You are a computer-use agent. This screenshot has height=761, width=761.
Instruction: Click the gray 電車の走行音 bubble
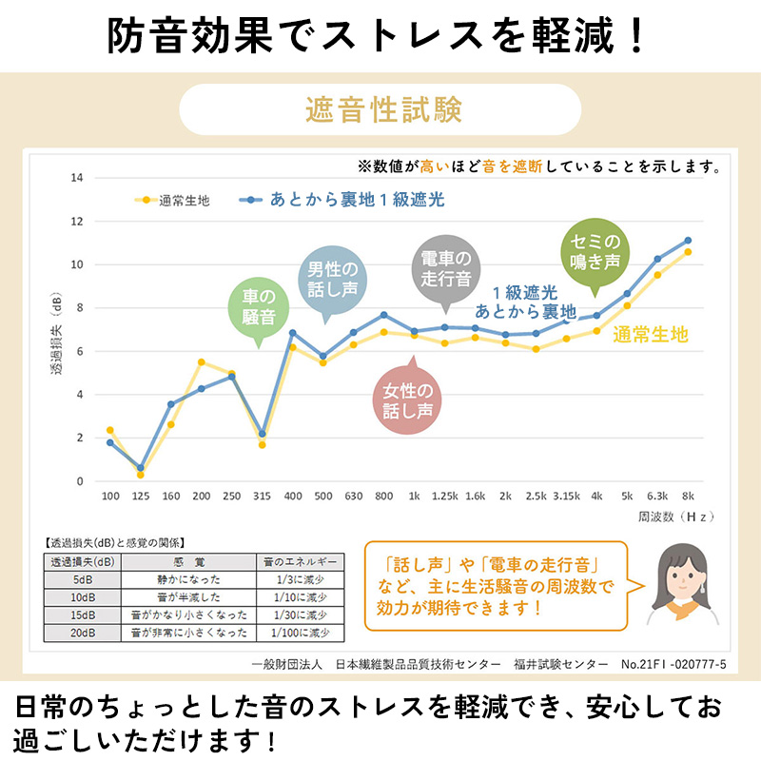(446, 267)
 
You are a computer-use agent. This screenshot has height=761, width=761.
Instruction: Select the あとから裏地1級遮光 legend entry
(342, 200)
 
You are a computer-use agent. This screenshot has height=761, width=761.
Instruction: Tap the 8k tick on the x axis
(688, 497)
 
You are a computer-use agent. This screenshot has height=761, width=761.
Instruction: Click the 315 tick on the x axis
(262, 497)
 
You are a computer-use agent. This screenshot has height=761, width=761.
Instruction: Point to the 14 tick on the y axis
(77, 178)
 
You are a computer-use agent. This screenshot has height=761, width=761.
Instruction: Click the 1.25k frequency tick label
(444, 497)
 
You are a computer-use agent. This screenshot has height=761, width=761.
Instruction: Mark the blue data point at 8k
(688, 240)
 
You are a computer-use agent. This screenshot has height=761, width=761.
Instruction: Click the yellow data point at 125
(141, 474)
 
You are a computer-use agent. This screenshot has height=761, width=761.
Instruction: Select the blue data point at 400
(292, 333)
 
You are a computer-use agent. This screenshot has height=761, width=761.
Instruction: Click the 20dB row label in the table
(84, 633)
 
